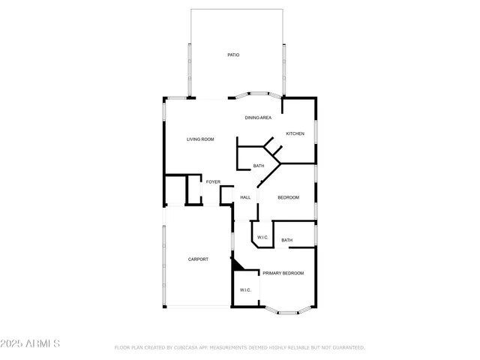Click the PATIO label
pyautogui.click(x=234, y=55)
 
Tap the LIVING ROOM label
pyautogui.click(x=201, y=139)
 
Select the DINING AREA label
pyautogui.click(x=258, y=118)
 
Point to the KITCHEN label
pyautogui.click(x=295, y=134)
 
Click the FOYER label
pyautogui.click(x=213, y=182)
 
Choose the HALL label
pyautogui.click(x=245, y=198)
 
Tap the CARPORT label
pyautogui.click(x=198, y=259)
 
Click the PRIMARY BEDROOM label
pyautogui.click(x=283, y=274)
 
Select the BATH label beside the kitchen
pyautogui.click(x=258, y=166)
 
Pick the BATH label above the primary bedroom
pyautogui.click(x=286, y=241)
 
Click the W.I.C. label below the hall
pyautogui.click(x=262, y=238)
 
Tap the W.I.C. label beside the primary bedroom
pyautogui.click(x=245, y=290)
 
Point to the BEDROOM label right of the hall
pyautogui.click(x=288, y=198)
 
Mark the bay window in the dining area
pyautogui.click(x=259, y=96)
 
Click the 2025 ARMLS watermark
pyautogui.click(x=31, y=343)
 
